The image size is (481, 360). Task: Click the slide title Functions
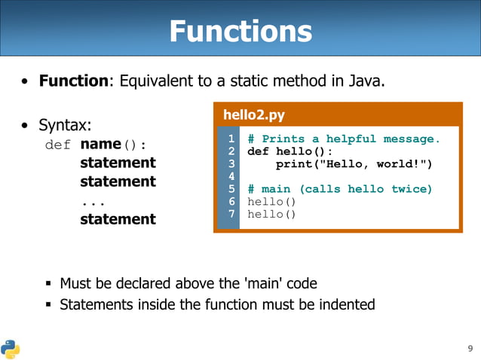pyautogui.click(x=240, y=31)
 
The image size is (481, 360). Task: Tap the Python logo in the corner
pyautogui.click(x=11, y=348)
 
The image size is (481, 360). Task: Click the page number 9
pyautogui.click(x=470, y=348)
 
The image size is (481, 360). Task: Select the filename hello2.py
pyautogui.click(x=254, y=115)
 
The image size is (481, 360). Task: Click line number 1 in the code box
pyautogui.click(x=231, y=139)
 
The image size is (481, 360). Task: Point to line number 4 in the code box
pyautogui.click(x=231, y=176)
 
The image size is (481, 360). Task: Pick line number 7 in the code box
pyautogui.click(x=231, y=214)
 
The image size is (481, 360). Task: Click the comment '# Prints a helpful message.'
pyautogui.click(x=343, y=139)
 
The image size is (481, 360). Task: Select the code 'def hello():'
pyautogui.click(x=290, y=151)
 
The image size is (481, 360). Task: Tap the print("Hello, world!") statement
pyautogui.click(x=354, y=163)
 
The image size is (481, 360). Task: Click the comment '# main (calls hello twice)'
pyautogui.click(x=339, y=189)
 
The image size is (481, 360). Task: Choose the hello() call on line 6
pyautogui.click(x=271, y=202)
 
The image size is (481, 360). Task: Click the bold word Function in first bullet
pyautogui.click(x=74, y=80)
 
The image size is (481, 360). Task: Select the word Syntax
pyautogui.click(x=63, y=124)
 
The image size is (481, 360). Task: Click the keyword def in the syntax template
pyautogui.click(x=57, y=144)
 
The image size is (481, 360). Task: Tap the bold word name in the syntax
pyautogui.click(x=100, y=144)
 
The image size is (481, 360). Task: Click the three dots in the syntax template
pyautogui.click(x=93, y=202)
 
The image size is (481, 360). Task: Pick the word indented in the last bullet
pyautogui.click(x=345, y=304)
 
